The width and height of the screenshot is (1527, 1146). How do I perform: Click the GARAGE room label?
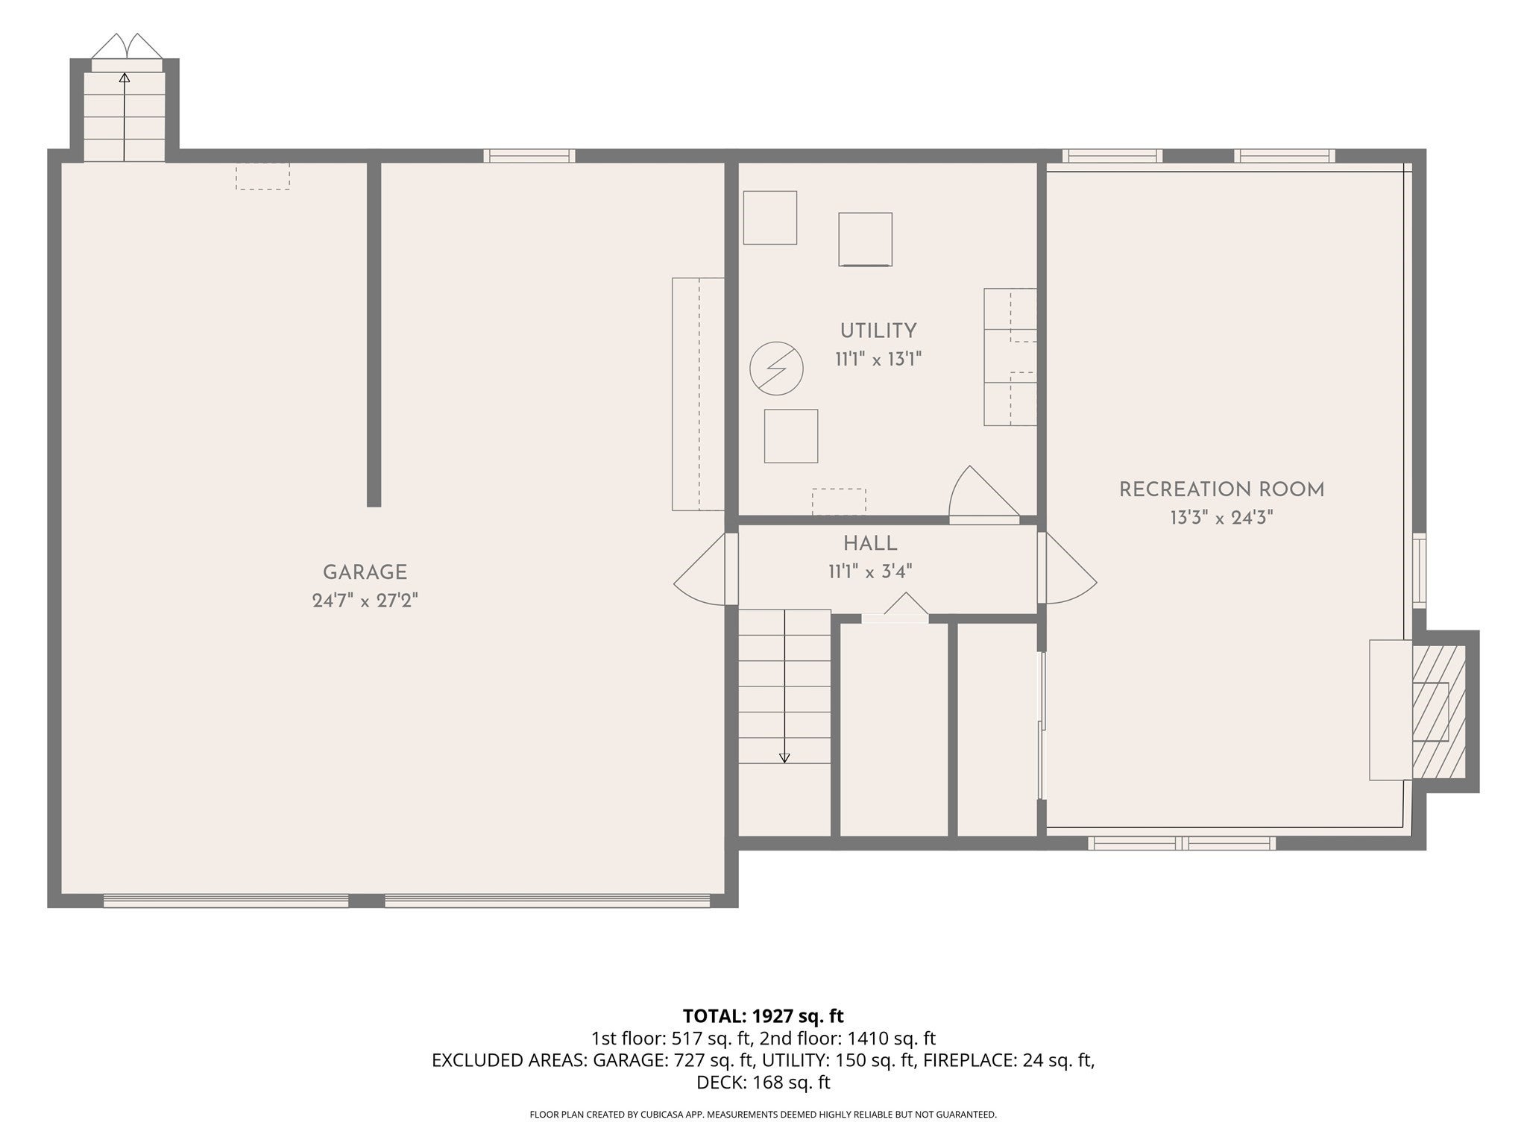click(365, 572)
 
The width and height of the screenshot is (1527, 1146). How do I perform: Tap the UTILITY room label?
click(878, 331)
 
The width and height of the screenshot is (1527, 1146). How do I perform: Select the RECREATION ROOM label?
click(1221, 489)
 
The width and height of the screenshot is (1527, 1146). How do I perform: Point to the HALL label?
click(870, 543)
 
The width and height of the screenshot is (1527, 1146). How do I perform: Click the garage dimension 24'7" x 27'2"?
click(365, 601)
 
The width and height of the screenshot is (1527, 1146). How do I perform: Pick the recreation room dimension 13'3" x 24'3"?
click(1221, 518)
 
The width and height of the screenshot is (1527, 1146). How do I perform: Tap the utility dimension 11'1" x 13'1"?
click(878, 360)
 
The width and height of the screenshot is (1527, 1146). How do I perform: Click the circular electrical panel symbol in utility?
click(776, 369)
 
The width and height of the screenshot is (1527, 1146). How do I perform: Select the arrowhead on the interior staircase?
click(784, 758)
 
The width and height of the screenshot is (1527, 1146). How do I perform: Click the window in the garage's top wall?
click(529, 156)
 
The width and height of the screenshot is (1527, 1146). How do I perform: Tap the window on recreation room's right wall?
click(1419, 569)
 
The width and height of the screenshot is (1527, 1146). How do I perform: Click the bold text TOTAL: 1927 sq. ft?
click(763, 1015)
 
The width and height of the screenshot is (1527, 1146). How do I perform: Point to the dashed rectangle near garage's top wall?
click(262, 176)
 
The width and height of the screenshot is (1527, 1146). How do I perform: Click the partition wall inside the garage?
click(374, 334)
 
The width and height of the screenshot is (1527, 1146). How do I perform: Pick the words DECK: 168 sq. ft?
click(763, 1083)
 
